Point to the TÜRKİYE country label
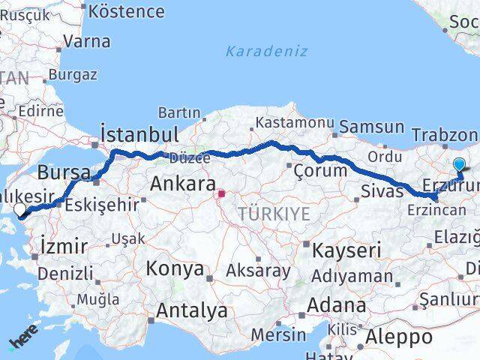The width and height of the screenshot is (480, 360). tap(274, 214)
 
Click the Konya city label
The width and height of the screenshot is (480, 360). tap(175, 268)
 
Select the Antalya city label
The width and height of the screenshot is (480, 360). tap(192, 310)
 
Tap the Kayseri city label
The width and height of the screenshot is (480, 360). tap(347, 250)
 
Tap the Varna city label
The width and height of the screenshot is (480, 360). tap(87, 41)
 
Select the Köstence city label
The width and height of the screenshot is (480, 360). tap(126, 11)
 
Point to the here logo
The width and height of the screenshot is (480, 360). tap(24, 341)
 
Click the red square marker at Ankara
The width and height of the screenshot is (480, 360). tap(220, 193)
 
